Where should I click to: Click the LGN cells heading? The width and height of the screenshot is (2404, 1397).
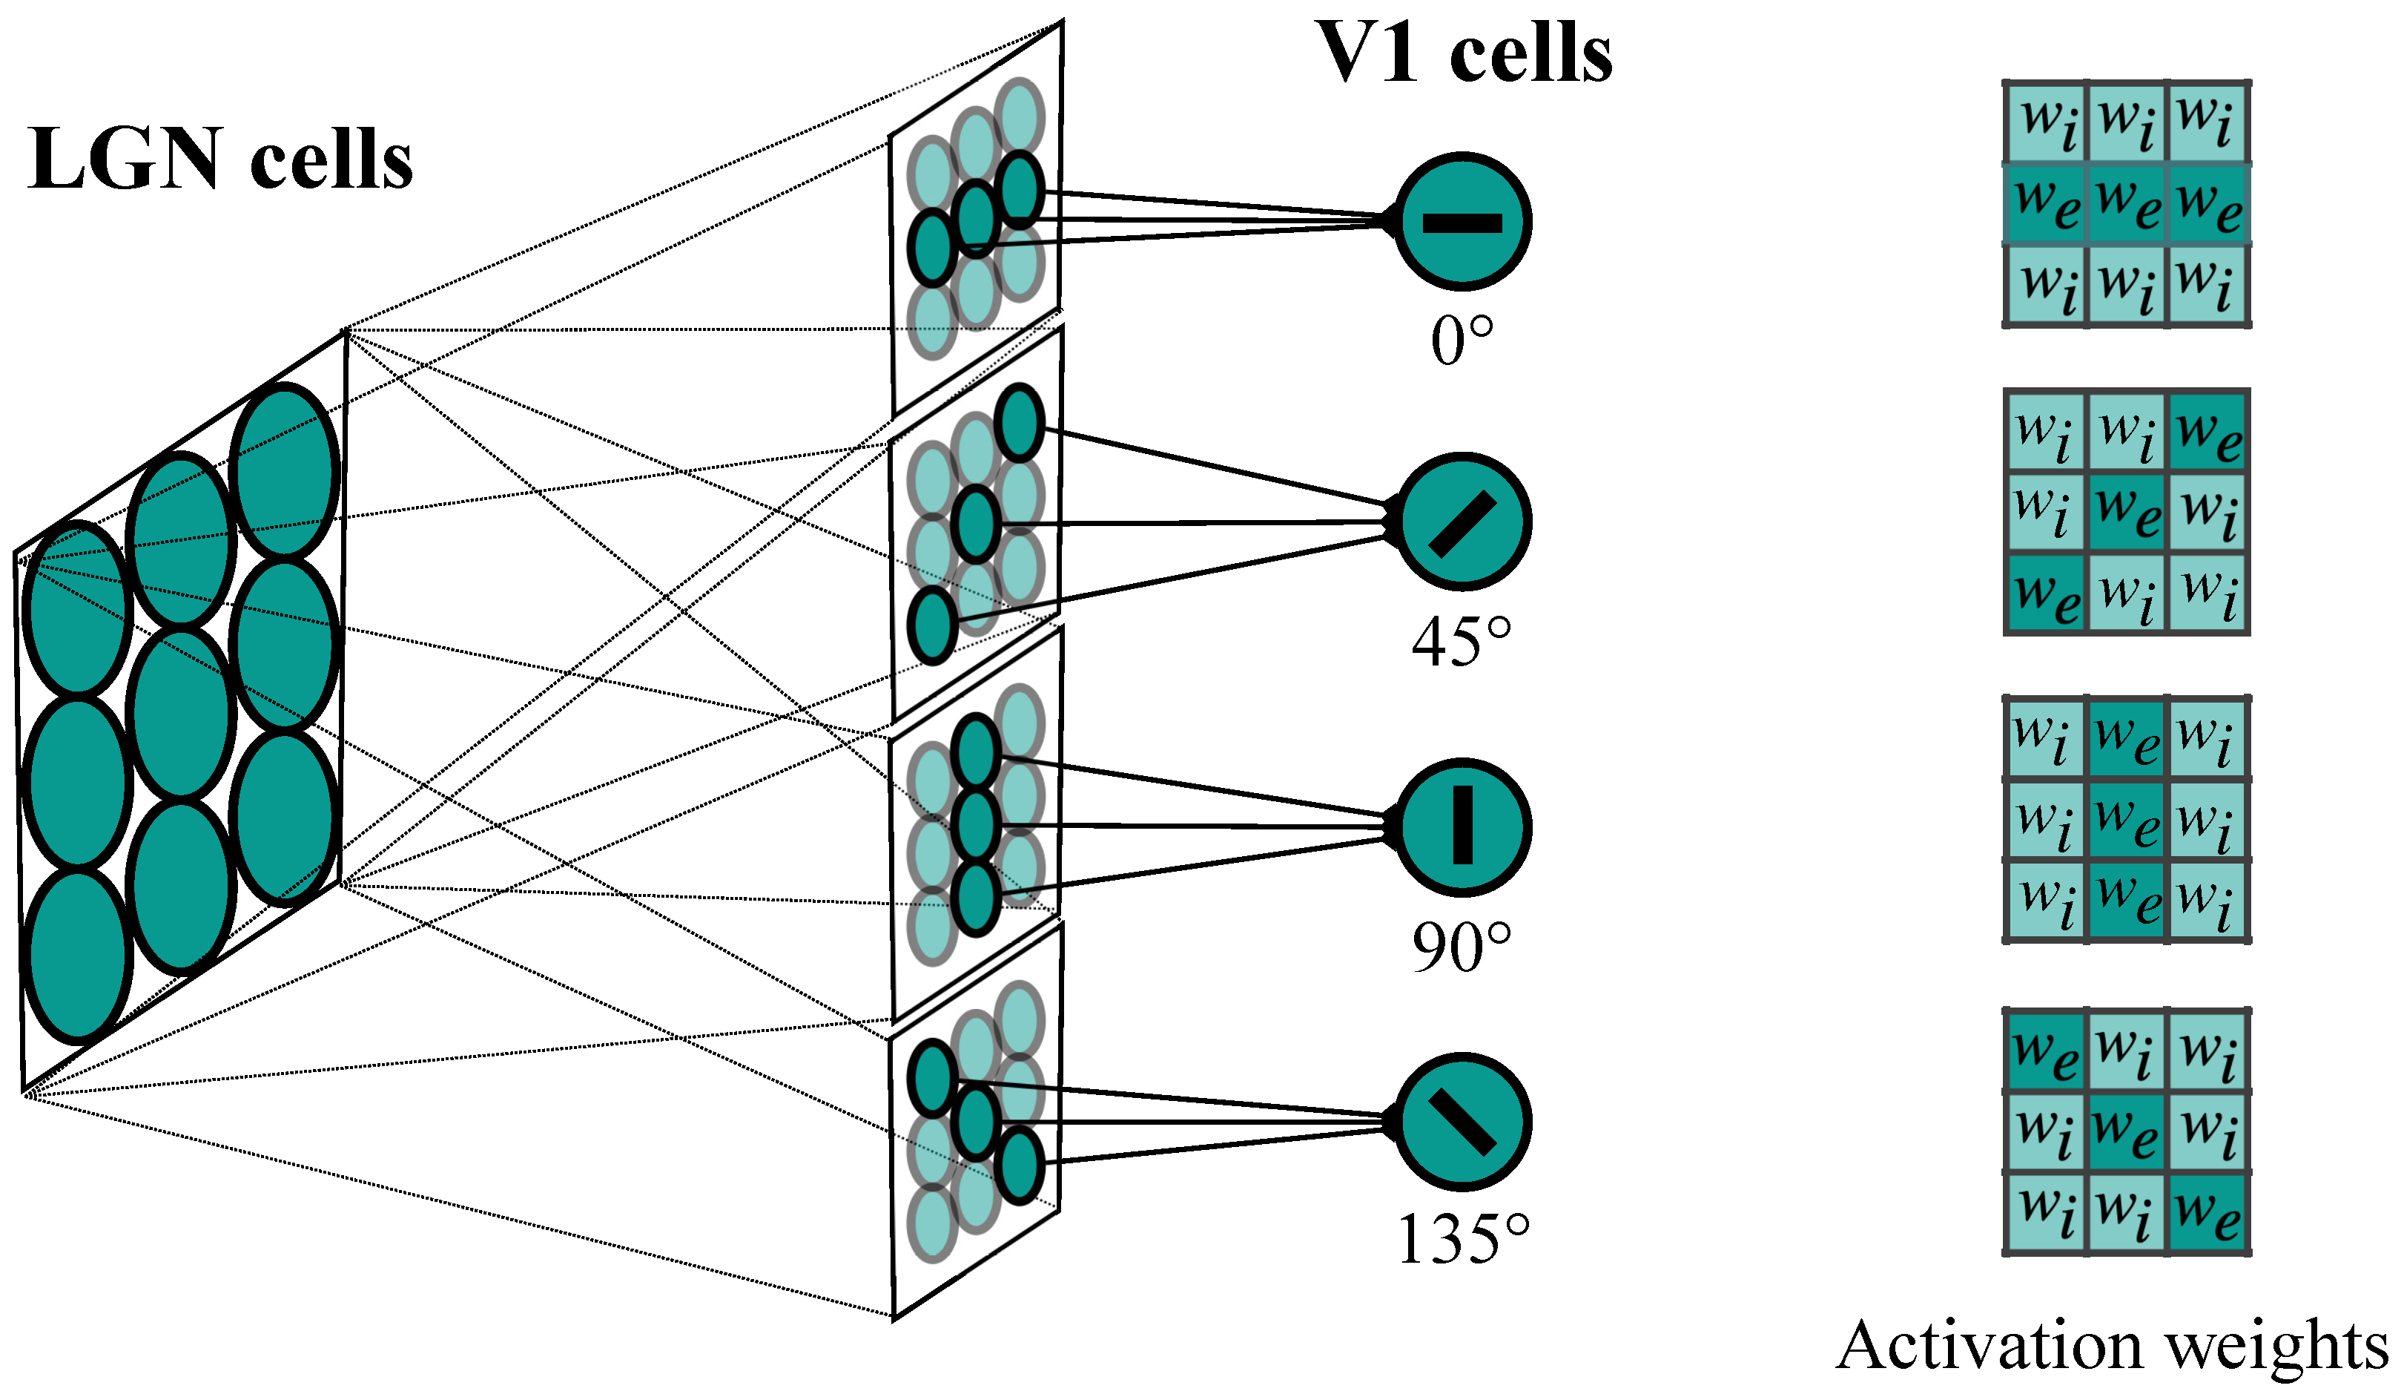[220, 160]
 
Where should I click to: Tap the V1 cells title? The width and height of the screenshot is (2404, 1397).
[1464, 53]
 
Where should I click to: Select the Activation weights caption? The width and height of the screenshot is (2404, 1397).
[2111, 1346]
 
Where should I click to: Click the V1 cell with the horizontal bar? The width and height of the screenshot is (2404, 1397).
[1462, 221]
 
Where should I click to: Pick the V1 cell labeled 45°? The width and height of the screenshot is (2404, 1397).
[1462, 522]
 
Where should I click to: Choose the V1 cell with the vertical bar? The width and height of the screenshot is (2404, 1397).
[1462, 826]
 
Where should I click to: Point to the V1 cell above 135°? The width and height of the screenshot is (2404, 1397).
[1462, 1122]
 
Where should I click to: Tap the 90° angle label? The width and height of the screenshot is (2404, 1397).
[1462, 947]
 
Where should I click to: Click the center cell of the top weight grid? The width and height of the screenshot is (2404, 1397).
[2127, 204]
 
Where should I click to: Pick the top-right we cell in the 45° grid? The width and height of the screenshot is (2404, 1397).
[2207, 431]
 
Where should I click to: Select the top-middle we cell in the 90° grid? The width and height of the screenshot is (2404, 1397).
[2127, 737]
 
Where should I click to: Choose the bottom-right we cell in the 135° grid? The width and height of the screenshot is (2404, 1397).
[2207, 1212]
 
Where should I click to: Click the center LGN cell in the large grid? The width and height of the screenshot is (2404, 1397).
[180, 713]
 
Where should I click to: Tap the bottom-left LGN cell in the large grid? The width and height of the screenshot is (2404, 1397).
[76, 954]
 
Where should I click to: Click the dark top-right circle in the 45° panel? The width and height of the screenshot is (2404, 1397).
[1019, 423]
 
